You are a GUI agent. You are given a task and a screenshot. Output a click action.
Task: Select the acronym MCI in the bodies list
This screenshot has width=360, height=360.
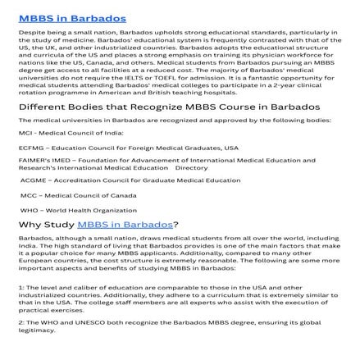coord(25,134)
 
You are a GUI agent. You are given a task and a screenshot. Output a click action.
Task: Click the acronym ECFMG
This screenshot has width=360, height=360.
coord(28,148)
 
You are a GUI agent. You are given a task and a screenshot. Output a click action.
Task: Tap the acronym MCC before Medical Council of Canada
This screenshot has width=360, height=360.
coord(28,194)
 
